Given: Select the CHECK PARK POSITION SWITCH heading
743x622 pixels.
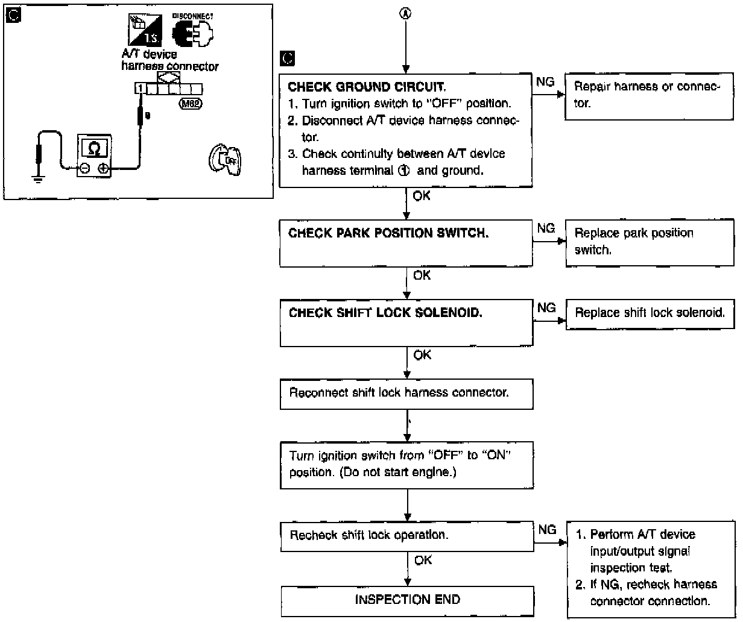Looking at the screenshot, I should click(389, 233).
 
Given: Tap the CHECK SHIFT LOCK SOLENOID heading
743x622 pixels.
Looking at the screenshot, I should click(386, 313).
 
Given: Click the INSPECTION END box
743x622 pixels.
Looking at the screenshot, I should click(408, 600).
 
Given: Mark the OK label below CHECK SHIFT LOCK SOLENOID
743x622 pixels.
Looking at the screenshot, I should click(423, 356).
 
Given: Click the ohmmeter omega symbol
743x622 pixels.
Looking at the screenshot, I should click(93, 147).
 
